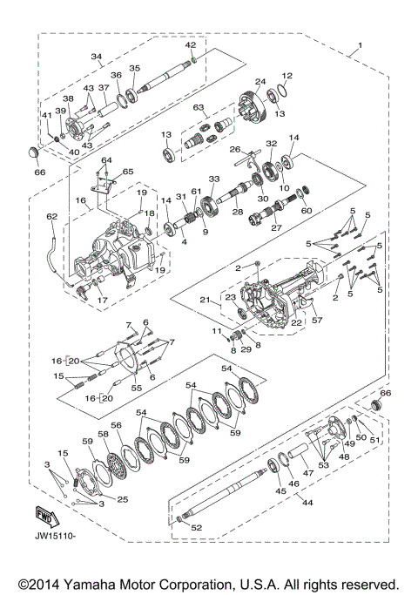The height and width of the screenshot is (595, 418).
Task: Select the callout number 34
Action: click(x=97, y=58)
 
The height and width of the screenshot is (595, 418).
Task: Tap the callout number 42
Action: click(x=191, y=44)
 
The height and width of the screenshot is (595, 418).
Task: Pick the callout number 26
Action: click(x=235, y=149)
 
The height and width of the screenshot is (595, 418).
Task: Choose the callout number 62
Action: click(x=51, y=217)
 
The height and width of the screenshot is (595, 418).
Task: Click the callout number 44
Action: click(x=305, y=503)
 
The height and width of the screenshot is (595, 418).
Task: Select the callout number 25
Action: click(x=123, y=499)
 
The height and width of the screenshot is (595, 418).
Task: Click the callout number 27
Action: click(x=278, y=230)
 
